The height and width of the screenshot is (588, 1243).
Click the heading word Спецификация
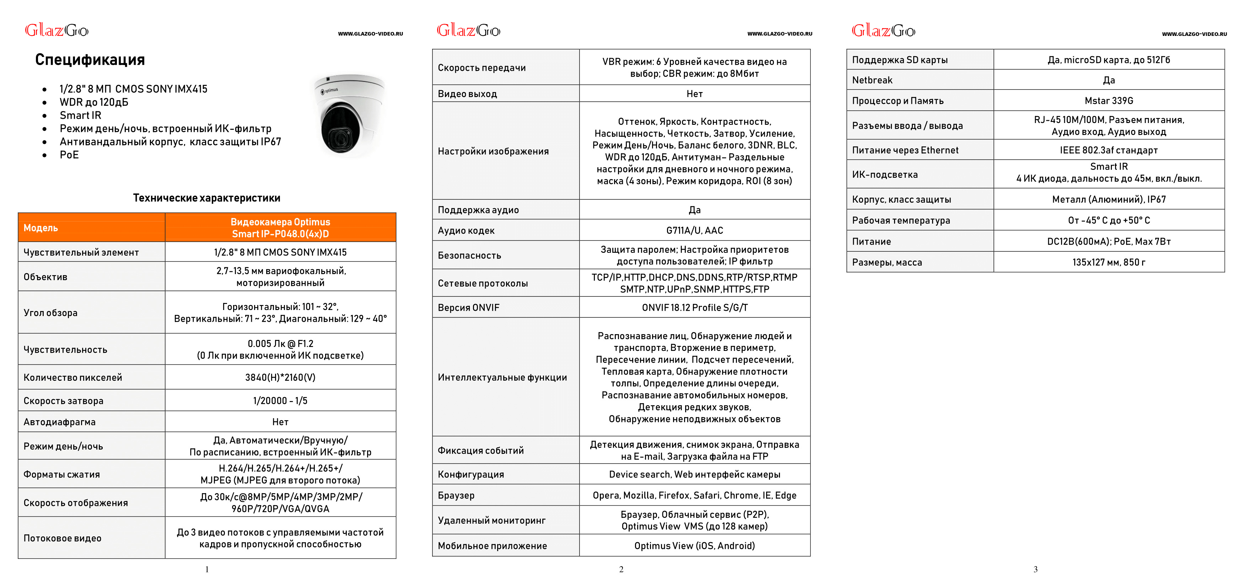click(x=90, y=60)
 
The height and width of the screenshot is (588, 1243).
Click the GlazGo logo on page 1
click(x=56, y=31)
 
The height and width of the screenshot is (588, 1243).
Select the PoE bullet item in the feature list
click(x=69, y=155)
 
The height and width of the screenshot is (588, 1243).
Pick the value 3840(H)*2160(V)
click(x=280, y=378)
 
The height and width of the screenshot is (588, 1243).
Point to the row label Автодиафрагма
click(x=59, y=422)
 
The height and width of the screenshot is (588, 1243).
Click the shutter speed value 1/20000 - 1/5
click(x=280, y=401)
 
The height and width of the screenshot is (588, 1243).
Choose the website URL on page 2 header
click(x=779, y=34)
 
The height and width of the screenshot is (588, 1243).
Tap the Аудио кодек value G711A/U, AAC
click(x=694, y=231)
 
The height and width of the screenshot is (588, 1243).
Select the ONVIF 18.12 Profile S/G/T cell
click(x=694, y=308)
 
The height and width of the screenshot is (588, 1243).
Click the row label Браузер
click(x=456, y=495)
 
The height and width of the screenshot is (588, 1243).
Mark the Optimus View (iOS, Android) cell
click(x=694, y=545)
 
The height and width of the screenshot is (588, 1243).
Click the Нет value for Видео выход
click(x=694, y=93)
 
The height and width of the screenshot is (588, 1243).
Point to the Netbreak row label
click(x=872, y=80)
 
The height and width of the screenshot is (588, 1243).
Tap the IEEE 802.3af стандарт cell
click(x=1108, y=150)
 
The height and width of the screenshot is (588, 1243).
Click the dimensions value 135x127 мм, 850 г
click(x=1108, y=262)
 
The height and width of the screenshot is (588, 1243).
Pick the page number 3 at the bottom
click(x=1035, y=570)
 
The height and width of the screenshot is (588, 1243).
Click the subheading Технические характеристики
click(x=206, y=198)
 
